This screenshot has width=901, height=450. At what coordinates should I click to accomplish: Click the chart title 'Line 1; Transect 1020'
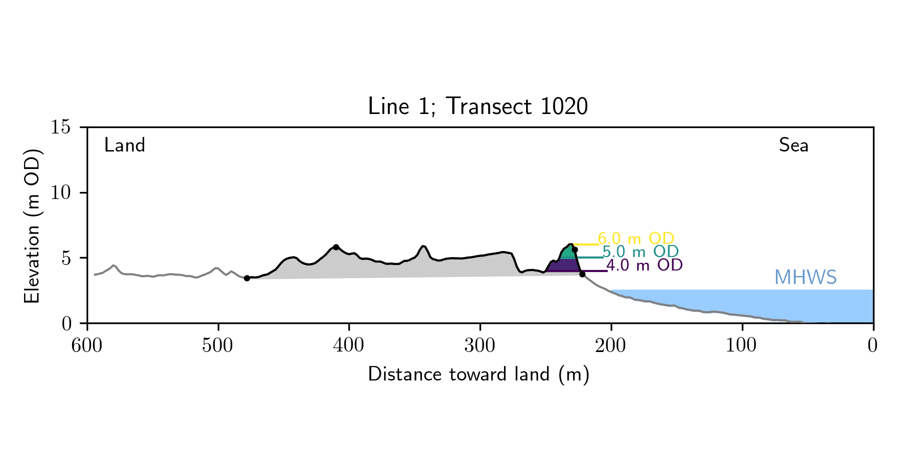pos(478,106)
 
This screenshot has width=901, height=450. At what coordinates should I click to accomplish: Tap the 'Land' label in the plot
pos(125,145)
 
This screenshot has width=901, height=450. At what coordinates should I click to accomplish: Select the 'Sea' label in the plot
pos(793,145)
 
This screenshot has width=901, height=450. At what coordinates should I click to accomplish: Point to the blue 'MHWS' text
pos(805,277)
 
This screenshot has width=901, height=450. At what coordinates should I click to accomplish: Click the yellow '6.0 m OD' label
pos(636,238)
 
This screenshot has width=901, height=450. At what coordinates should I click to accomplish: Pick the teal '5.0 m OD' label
pos(640,251)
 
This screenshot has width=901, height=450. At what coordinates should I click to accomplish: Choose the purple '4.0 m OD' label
pos(644,265)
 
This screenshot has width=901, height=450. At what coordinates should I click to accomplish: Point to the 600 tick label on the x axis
pos(87,345)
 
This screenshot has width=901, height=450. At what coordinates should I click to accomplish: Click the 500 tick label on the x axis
pos(218,345)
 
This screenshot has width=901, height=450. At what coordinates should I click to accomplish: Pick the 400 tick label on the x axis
pos(349,345)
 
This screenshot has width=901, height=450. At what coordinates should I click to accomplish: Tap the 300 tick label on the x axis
pos(480,345)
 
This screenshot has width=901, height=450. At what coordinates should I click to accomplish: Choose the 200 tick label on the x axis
pos(611,345)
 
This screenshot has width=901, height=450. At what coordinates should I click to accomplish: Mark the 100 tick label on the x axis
pos(742,345)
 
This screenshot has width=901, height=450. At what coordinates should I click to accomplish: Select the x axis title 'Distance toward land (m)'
pos(479,374)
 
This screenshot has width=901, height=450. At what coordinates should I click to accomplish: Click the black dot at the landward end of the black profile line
pos(247,278)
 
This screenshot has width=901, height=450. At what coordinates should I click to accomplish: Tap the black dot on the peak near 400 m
pos(336,247)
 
